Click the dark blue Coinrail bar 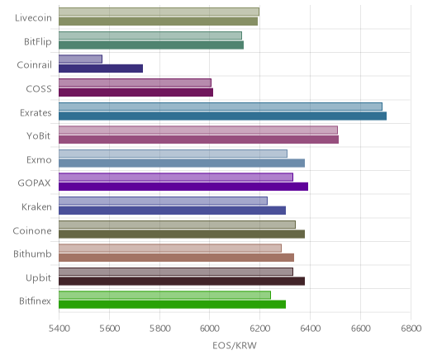pyautogui.click(x=101, y=69)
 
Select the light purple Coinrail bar pyautogui.click(x=80, y=59)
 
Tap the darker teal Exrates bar pyautogui.click(x=222, y=116)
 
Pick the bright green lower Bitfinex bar pyautogui.click(x=172, y=305)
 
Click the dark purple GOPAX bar pyautogui.click(x=183, y=187)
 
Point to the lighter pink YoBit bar pyautogui.click(x=198, y=130)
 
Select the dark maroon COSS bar pyautogui.click(x=135, y=92)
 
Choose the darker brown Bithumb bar pyautogui.click(x=176, y=258)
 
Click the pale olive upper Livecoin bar pyautogui.click(x=159, y=12)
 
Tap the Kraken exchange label pyautogui.click(x=36, y=206)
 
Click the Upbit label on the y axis pyautogui.click(x=38, y=278)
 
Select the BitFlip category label pyautogui.click(x=38, y=42)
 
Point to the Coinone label pyautogui.click(x=32, y=230)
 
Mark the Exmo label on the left pyautogui.click(x=39, y=159)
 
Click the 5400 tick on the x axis pyautogui.click(x=59, y=328)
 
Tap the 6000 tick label pyautogui.click(x=209, y=328)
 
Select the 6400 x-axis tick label pyautogui.click(x=310, y=328)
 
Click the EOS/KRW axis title pyautogui.click(x=235, y=345)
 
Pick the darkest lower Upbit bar pyautogui.click(x=182, y=282)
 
